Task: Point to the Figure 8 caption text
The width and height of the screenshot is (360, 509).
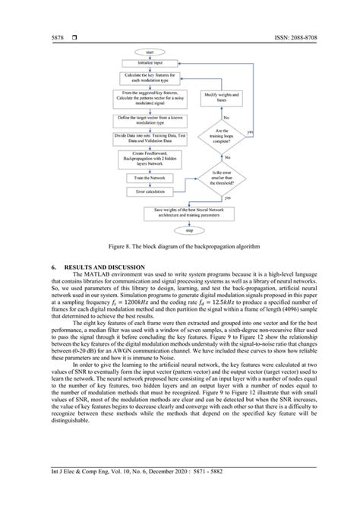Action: click(180, 248)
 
